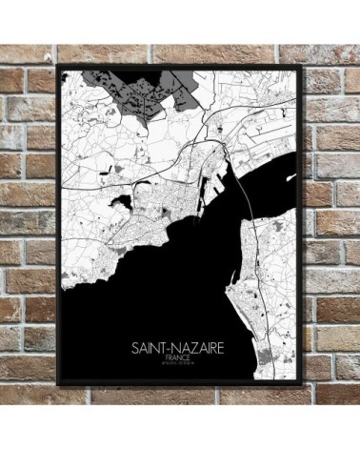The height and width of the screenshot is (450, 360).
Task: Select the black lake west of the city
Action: point(123,202)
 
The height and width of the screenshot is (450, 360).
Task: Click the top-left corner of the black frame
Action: point(57,65)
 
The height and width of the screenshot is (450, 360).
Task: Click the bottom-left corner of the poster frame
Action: point(57,384)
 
